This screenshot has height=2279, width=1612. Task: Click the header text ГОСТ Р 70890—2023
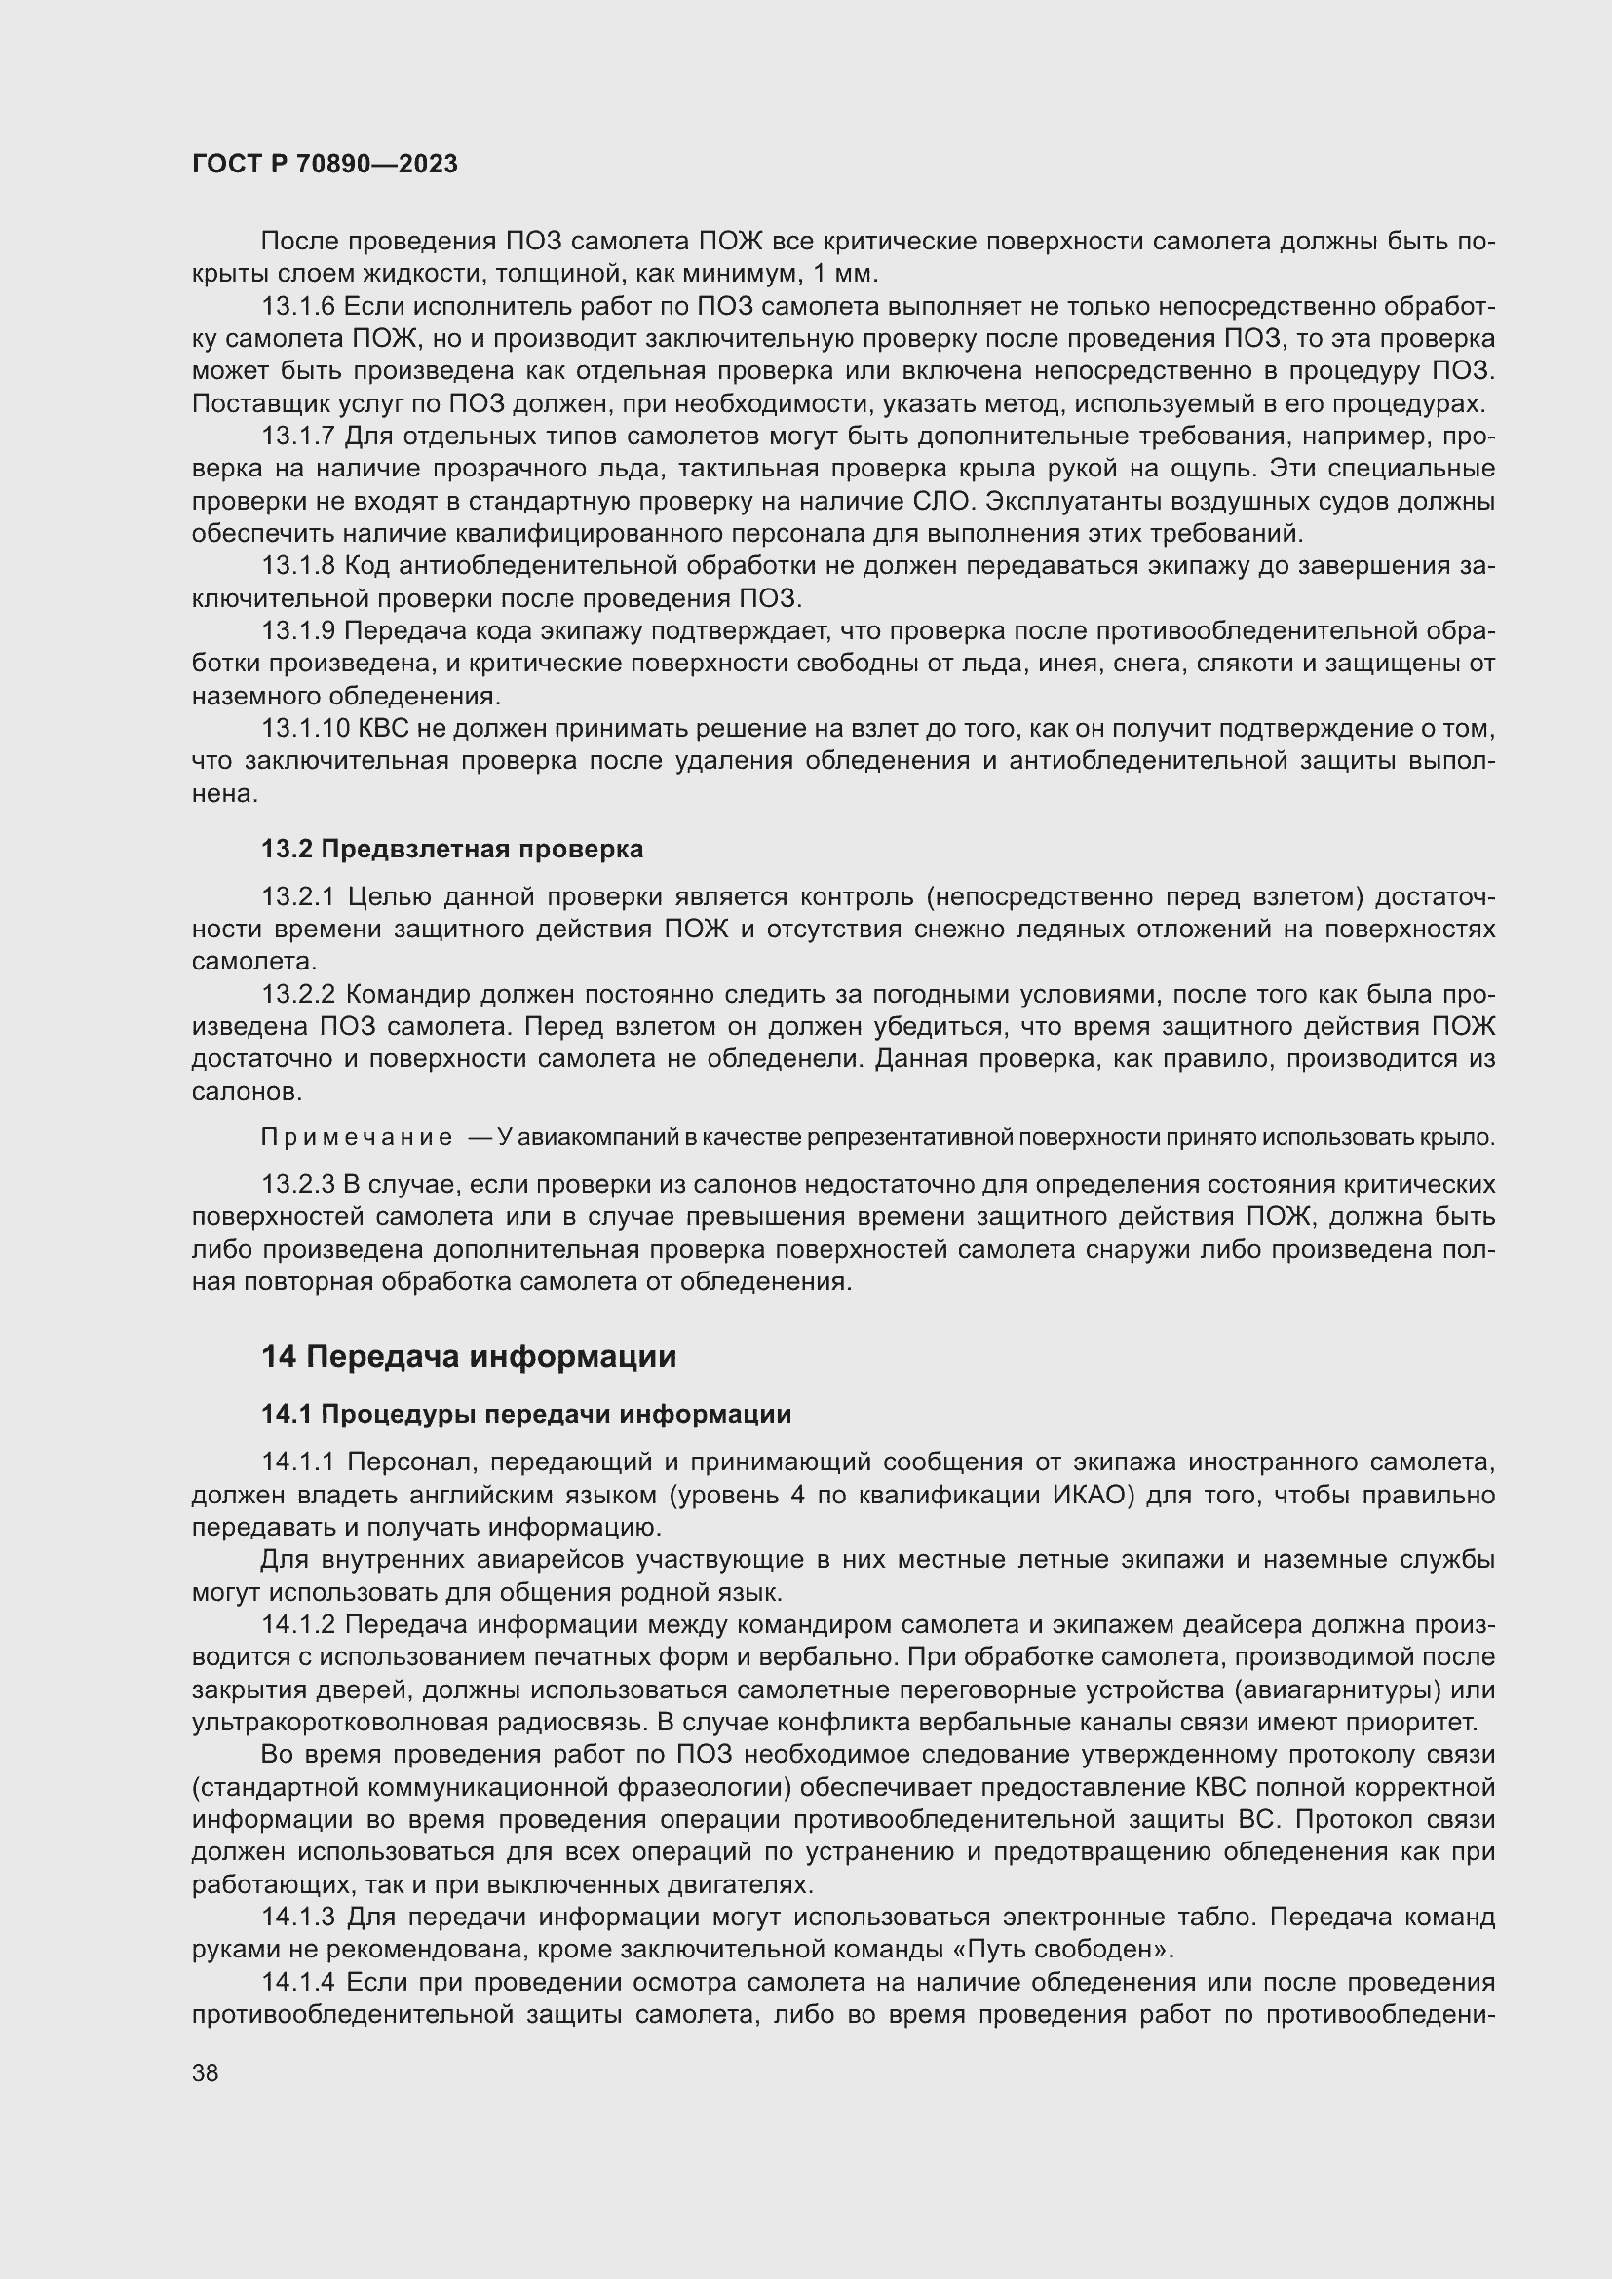click(325, 165)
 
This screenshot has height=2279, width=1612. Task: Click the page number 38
click(206, 2072)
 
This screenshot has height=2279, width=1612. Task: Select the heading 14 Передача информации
click(469, 1357)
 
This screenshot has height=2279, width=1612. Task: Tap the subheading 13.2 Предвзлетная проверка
click(451, 849)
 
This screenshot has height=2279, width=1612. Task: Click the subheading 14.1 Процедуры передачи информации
click(526, 1414)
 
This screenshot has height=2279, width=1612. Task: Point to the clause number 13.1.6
click(299, 307)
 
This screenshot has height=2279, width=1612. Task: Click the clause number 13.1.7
click(299, 437)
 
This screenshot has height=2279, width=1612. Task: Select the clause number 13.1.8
click(299, 566)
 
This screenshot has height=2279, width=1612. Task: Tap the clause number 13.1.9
click(299, 631)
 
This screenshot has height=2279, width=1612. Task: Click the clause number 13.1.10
click(305, 729)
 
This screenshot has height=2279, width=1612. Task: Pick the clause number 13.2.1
click(299, 897)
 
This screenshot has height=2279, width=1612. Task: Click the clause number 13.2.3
click(299, 1184)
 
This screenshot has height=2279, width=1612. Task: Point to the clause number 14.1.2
click(299, 1625)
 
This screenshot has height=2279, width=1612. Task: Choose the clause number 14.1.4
click(299, 1982)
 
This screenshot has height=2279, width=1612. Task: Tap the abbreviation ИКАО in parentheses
click(1092, 1495)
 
